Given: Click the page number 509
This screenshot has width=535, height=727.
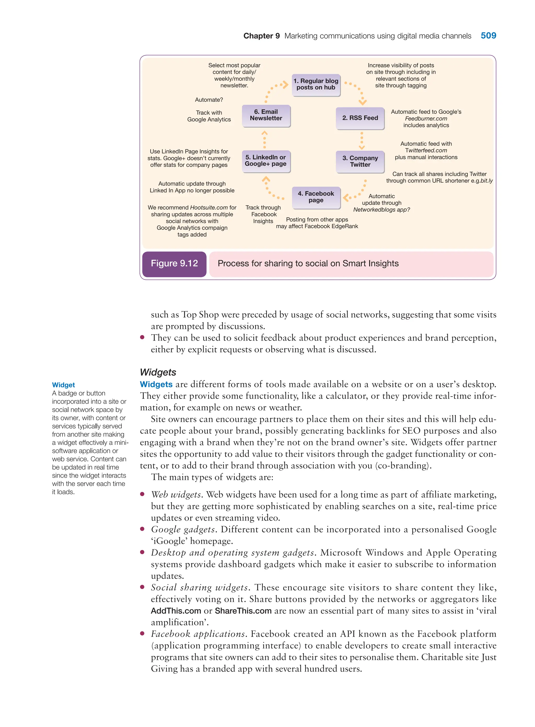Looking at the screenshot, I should tap(488, 36).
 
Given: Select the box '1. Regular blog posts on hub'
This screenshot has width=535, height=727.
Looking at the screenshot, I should tap(316, 85).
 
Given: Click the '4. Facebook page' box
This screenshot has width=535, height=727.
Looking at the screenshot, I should tap(316, 197).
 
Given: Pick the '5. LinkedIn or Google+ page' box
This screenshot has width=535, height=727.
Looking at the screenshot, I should tap(266, 161).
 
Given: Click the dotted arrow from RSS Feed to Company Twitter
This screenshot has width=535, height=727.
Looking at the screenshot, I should tap(362, 141).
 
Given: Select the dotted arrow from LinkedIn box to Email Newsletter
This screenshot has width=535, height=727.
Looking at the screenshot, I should tap(265, 139).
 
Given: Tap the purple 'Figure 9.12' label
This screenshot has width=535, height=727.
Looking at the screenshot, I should tap(174, 264).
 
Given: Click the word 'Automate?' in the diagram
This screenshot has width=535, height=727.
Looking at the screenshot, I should tap(209, 100).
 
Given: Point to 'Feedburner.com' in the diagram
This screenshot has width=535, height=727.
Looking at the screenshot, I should tap(426, 119).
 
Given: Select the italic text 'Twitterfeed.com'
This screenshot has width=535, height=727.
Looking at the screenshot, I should tap(426, 150).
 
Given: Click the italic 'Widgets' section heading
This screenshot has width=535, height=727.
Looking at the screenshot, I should tap(158, 372).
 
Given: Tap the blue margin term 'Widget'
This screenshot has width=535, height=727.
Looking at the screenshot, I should tap(63, 385).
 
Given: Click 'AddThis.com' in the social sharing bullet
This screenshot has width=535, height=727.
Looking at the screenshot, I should tap(176, 611).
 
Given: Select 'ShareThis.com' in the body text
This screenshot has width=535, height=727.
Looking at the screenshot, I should tap(243, 611).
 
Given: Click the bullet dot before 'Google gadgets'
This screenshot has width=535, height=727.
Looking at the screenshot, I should tap(142, 529).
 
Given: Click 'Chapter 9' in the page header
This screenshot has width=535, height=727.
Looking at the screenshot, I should tap(261, 36).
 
